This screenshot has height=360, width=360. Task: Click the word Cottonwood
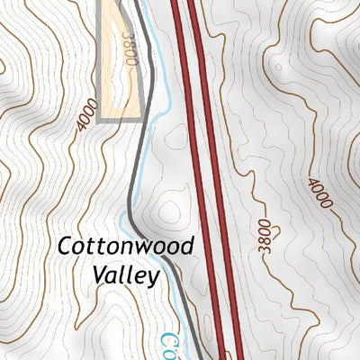[x=127, y=247]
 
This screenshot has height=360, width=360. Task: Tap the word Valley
[x=126, y=275]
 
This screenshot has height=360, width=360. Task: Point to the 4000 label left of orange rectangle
[x=86, y=115]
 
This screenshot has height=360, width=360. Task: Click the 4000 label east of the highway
[x=319, y=193]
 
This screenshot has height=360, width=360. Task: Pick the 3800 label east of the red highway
[x=263, y=235]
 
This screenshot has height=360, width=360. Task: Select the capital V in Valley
[x=99, y=275]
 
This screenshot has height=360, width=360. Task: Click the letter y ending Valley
[x=154, y=279]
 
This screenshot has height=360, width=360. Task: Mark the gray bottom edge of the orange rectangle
[x=121, y=118]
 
